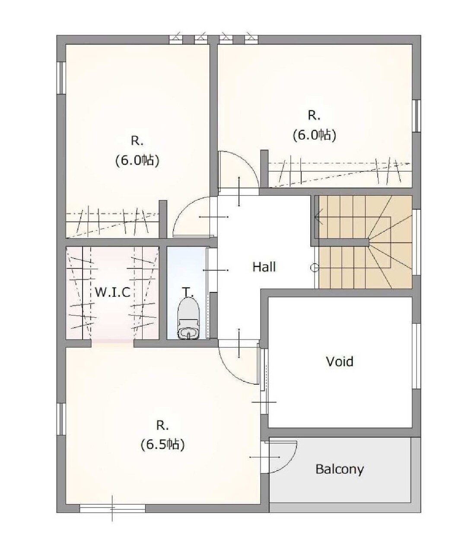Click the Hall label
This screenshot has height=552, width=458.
(264, 267)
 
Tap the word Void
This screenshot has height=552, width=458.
(340, 361)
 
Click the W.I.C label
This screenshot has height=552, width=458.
(113, 292)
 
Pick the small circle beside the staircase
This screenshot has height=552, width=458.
(314, 268)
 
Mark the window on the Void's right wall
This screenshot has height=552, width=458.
(417, 356)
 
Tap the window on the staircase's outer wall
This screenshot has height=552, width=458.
(417, 242)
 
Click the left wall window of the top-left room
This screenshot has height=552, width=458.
(61, 78)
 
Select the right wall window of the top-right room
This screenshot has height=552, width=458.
(417, 116)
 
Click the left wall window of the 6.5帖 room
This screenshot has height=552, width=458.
(61, 419)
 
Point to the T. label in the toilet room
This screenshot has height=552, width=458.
(188, 292)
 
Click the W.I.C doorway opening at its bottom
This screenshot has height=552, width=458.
(113, 343)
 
